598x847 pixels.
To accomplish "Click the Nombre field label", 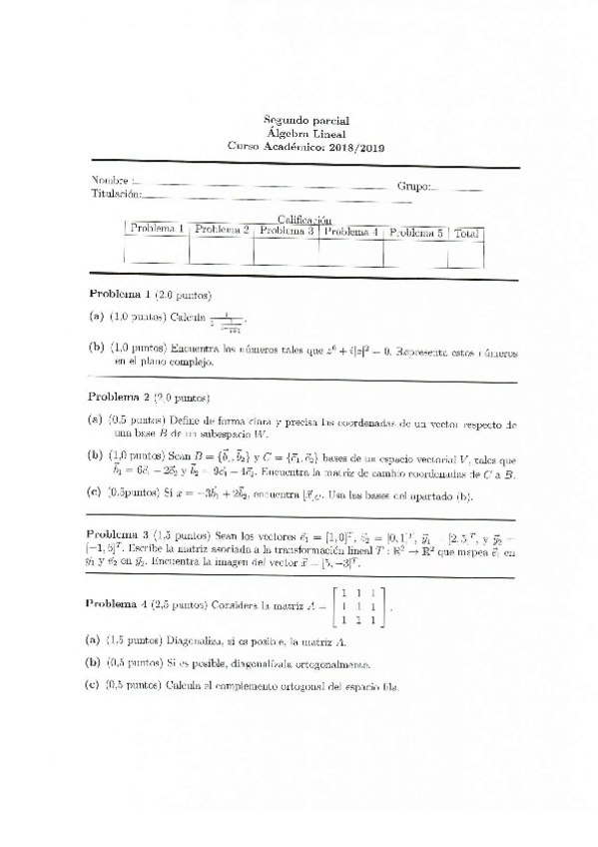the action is (x=110, y=181).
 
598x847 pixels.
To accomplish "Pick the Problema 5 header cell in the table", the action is (x=415, y=232).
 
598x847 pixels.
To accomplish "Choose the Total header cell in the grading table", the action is (x=466, y=233).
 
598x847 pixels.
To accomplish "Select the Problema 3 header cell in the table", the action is (x=287, y=231).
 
